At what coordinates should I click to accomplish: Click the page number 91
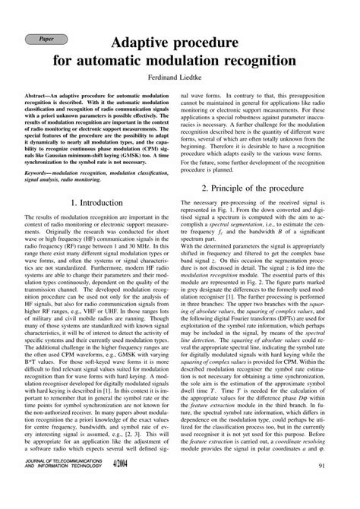pos(323,487)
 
